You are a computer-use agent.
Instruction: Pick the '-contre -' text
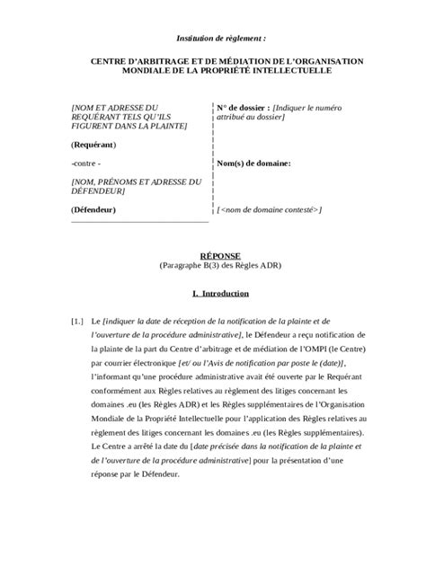tap(87, 164)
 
